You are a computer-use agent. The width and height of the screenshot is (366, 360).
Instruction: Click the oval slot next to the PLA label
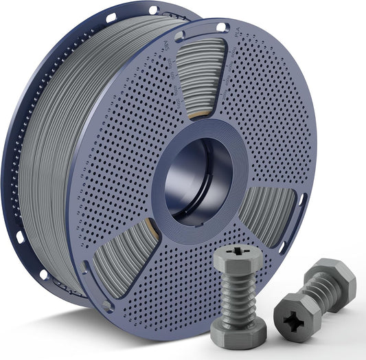(222, 27)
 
